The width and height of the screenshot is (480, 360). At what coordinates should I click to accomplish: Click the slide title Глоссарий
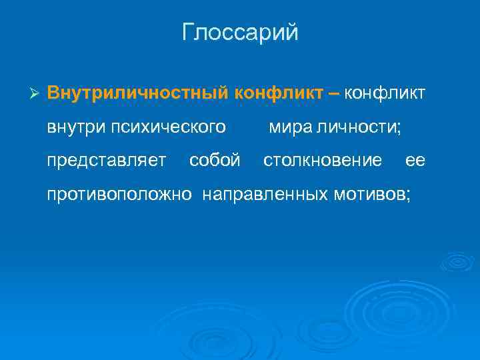coord(240,33)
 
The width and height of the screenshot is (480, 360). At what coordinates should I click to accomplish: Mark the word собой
coord(215,161)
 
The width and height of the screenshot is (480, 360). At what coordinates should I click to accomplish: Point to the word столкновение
coord(323,161)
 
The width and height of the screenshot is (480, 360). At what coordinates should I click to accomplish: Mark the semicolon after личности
coord(399,127)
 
